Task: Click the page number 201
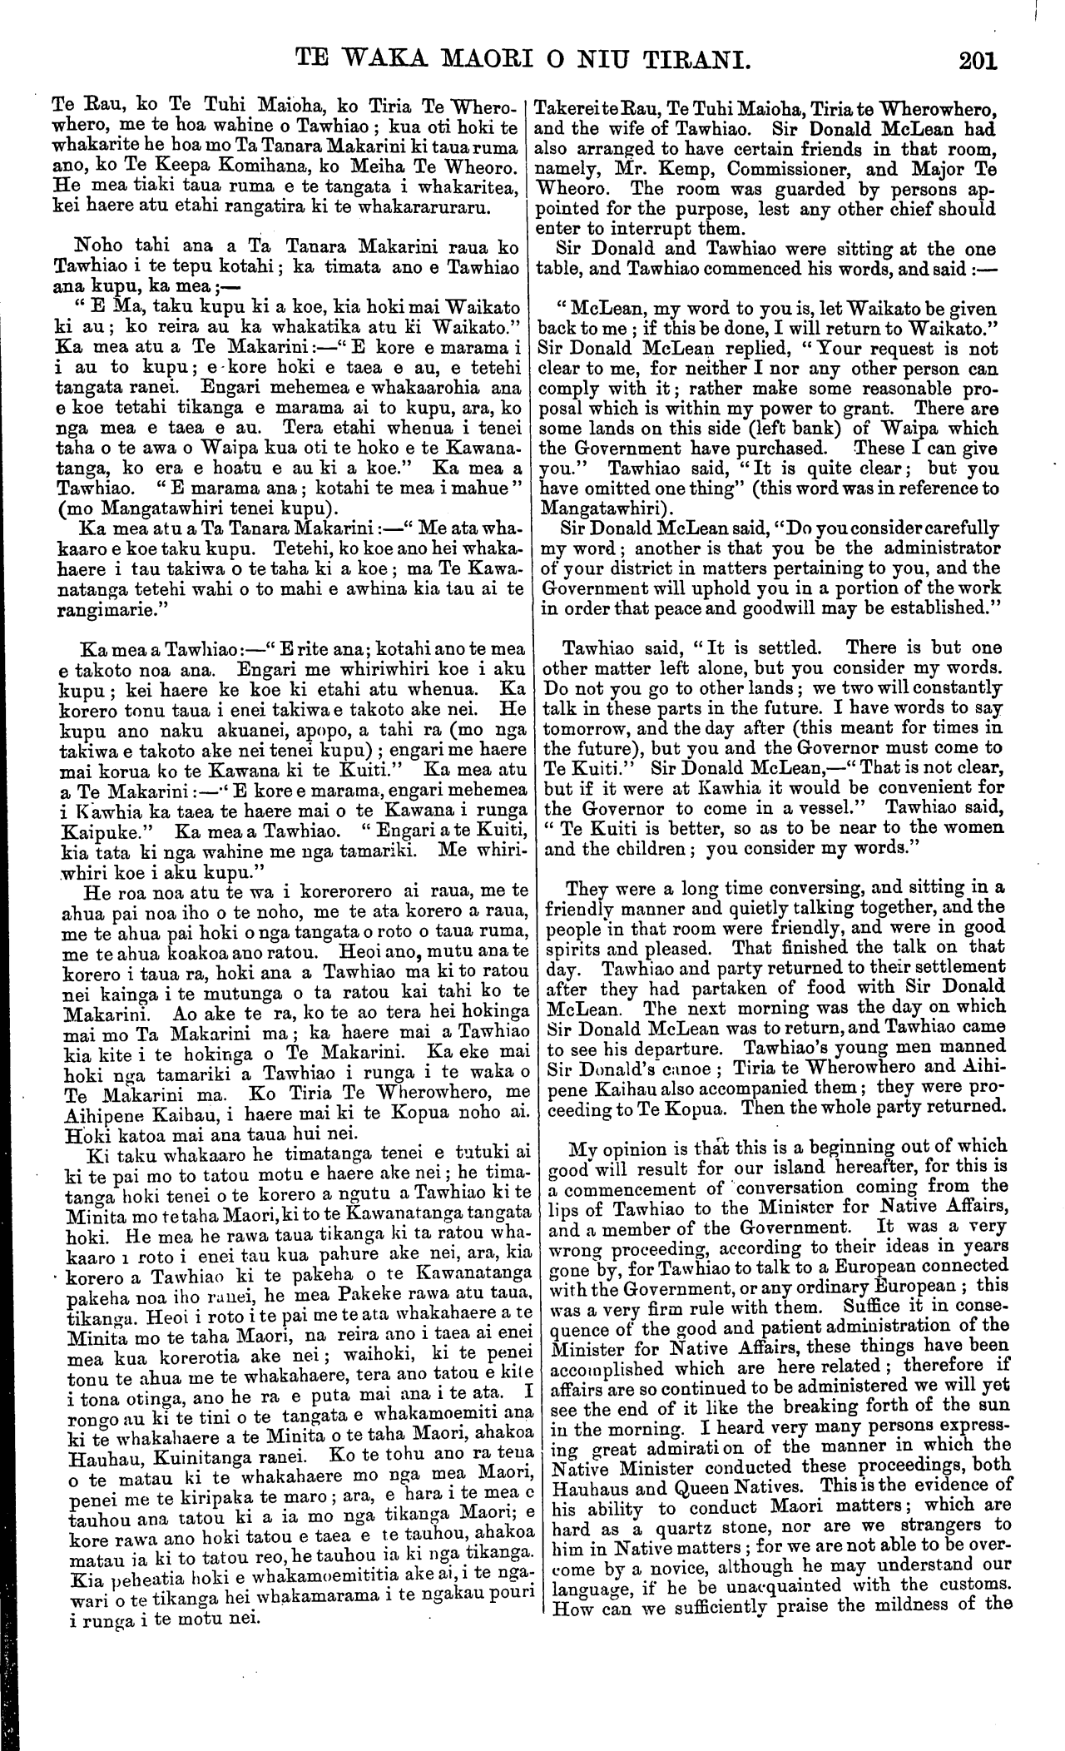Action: (977, 61)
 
